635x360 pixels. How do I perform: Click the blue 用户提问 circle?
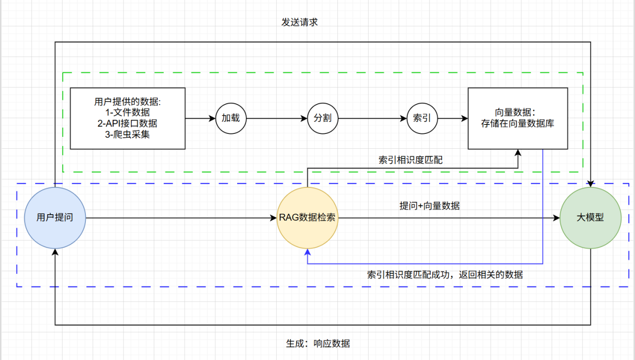tap(55, 217)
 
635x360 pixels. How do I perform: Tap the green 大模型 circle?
tap(590, 218)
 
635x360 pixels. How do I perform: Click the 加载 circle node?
tap(231, 119)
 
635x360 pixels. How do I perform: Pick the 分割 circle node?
tap(322, 119)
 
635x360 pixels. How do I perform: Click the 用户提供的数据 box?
tap(127, 118)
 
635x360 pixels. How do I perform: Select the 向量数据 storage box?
tap(517, 118)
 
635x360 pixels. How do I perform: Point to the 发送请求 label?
tap(299, 22)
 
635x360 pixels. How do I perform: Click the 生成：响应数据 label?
tap(318, 343)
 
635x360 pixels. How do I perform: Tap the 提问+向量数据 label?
tap(430, 205)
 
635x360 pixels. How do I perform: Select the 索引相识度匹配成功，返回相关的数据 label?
tap(444, 274)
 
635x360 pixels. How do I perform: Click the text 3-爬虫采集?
tap(127, 134)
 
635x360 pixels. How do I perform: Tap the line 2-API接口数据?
tap(127, 123)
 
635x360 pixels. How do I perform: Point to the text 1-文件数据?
tap(127, 113)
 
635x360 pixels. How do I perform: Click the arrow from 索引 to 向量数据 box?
tap(452, 119)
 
